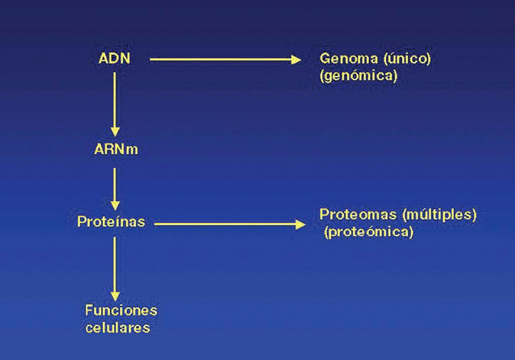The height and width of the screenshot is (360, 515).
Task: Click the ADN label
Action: (x=114, y=59)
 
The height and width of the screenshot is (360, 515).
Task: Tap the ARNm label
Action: (x=116, y=149)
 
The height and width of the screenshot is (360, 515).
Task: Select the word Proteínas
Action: (x=111, y=222)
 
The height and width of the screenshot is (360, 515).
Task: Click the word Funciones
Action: (x=121, y=311)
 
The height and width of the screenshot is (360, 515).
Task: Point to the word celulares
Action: (x=118, y=328)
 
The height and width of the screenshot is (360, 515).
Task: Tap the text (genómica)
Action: (x=358, y=76)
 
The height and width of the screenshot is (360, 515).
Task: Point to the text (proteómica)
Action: (x=368, y=232)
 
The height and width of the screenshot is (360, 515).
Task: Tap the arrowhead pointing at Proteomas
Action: (x=302, y=224)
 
